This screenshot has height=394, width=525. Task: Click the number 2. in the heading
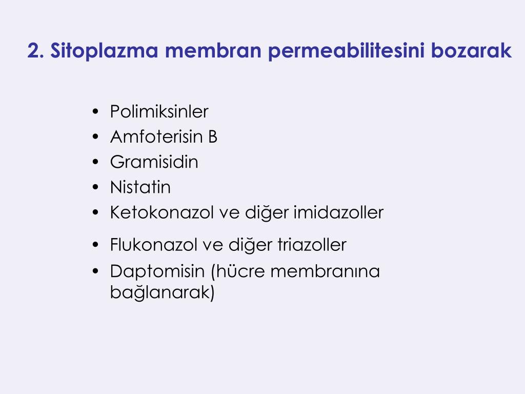coord(35,51)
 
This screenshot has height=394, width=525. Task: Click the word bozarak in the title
coord(472,51)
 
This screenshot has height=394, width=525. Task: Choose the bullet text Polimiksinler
coord(159,112)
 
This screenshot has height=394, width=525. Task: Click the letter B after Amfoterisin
coord(213,137)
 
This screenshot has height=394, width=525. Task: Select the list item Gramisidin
coord(154,162)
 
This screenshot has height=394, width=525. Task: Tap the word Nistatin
coord(140,187)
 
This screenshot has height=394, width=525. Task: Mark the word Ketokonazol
coord(153,212)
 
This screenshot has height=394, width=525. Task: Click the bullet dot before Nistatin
coord(96,188)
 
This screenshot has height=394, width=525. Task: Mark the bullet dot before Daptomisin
coord(96,271)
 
